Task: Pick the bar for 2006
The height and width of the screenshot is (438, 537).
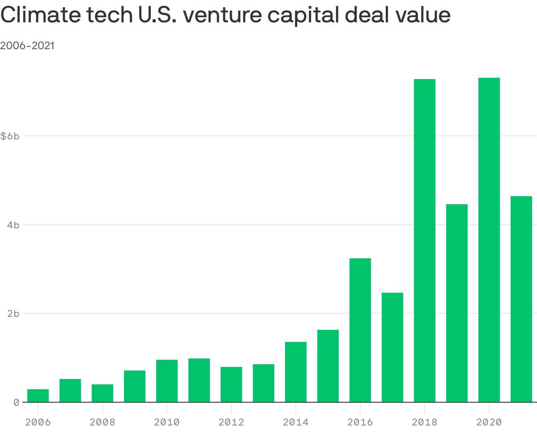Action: coord(38,396)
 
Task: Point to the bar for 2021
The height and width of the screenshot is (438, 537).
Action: coord(521,299)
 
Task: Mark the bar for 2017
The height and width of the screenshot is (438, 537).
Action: coord(392,347)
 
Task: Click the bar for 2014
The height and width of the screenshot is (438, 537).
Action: coord(295,372)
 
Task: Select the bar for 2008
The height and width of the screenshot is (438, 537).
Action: coord(102,393)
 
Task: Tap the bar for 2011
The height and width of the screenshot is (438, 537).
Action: coord(199,380)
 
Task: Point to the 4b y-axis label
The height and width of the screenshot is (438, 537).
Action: coord(13,225)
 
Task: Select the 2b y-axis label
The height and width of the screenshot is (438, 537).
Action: coord(13,314)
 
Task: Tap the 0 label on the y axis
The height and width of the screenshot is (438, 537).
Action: coord(16,403)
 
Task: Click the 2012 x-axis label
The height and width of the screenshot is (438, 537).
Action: coord(231,422)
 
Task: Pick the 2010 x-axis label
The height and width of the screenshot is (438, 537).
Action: coord(166,422)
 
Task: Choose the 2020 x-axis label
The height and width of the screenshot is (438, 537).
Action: coord(489,422)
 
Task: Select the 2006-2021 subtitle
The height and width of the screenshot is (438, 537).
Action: coord(27,46)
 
